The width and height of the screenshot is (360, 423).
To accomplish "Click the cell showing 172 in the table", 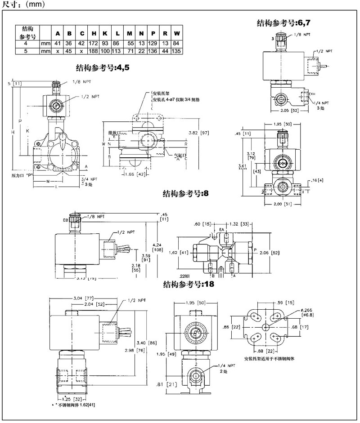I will click(94, 44).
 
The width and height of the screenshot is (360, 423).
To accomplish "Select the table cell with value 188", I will click(94, 51).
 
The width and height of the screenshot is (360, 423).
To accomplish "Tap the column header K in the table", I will click(105, 34).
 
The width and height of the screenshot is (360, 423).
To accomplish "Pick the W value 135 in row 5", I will click(176, 51).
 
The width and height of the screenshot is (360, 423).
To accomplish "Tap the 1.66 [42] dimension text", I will click(135, 174).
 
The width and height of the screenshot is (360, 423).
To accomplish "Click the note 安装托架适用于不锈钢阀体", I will click(271, 359).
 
